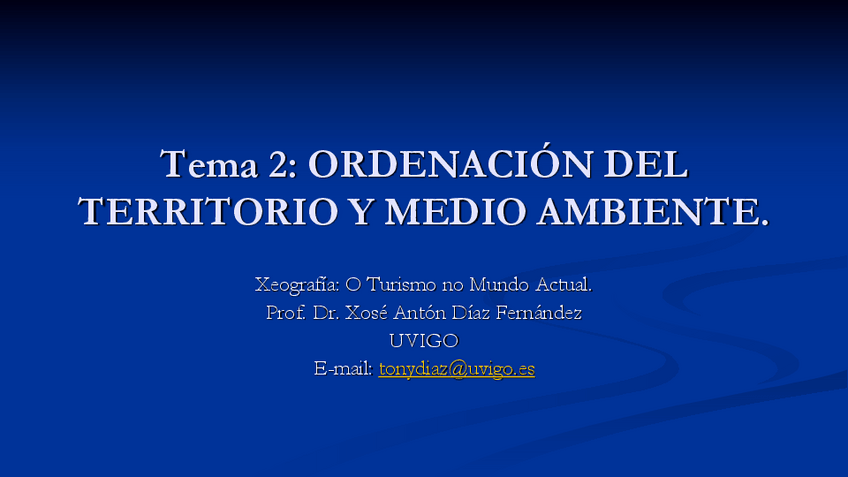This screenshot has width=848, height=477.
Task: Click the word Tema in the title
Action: coord(209,164)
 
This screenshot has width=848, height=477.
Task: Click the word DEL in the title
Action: coord(646,164)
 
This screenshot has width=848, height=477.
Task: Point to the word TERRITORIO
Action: coord(208,211)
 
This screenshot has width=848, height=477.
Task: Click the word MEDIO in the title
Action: coord(455,211)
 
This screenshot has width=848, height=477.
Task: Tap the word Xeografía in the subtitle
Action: coord(297,285)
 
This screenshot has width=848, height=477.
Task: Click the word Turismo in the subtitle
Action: coord(401,284)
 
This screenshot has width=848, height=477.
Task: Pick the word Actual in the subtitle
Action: coord(561,284)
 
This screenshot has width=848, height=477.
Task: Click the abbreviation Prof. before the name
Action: coord(286,313)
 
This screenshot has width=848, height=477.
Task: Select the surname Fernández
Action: coord(539,313)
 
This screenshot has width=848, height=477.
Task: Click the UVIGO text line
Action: coord(424,341)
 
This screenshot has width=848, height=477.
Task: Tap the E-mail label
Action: coord(343,369)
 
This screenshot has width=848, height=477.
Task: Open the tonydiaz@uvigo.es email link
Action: coord(456,369)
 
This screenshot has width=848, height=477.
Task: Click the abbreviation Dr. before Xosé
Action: coord(326,313)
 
